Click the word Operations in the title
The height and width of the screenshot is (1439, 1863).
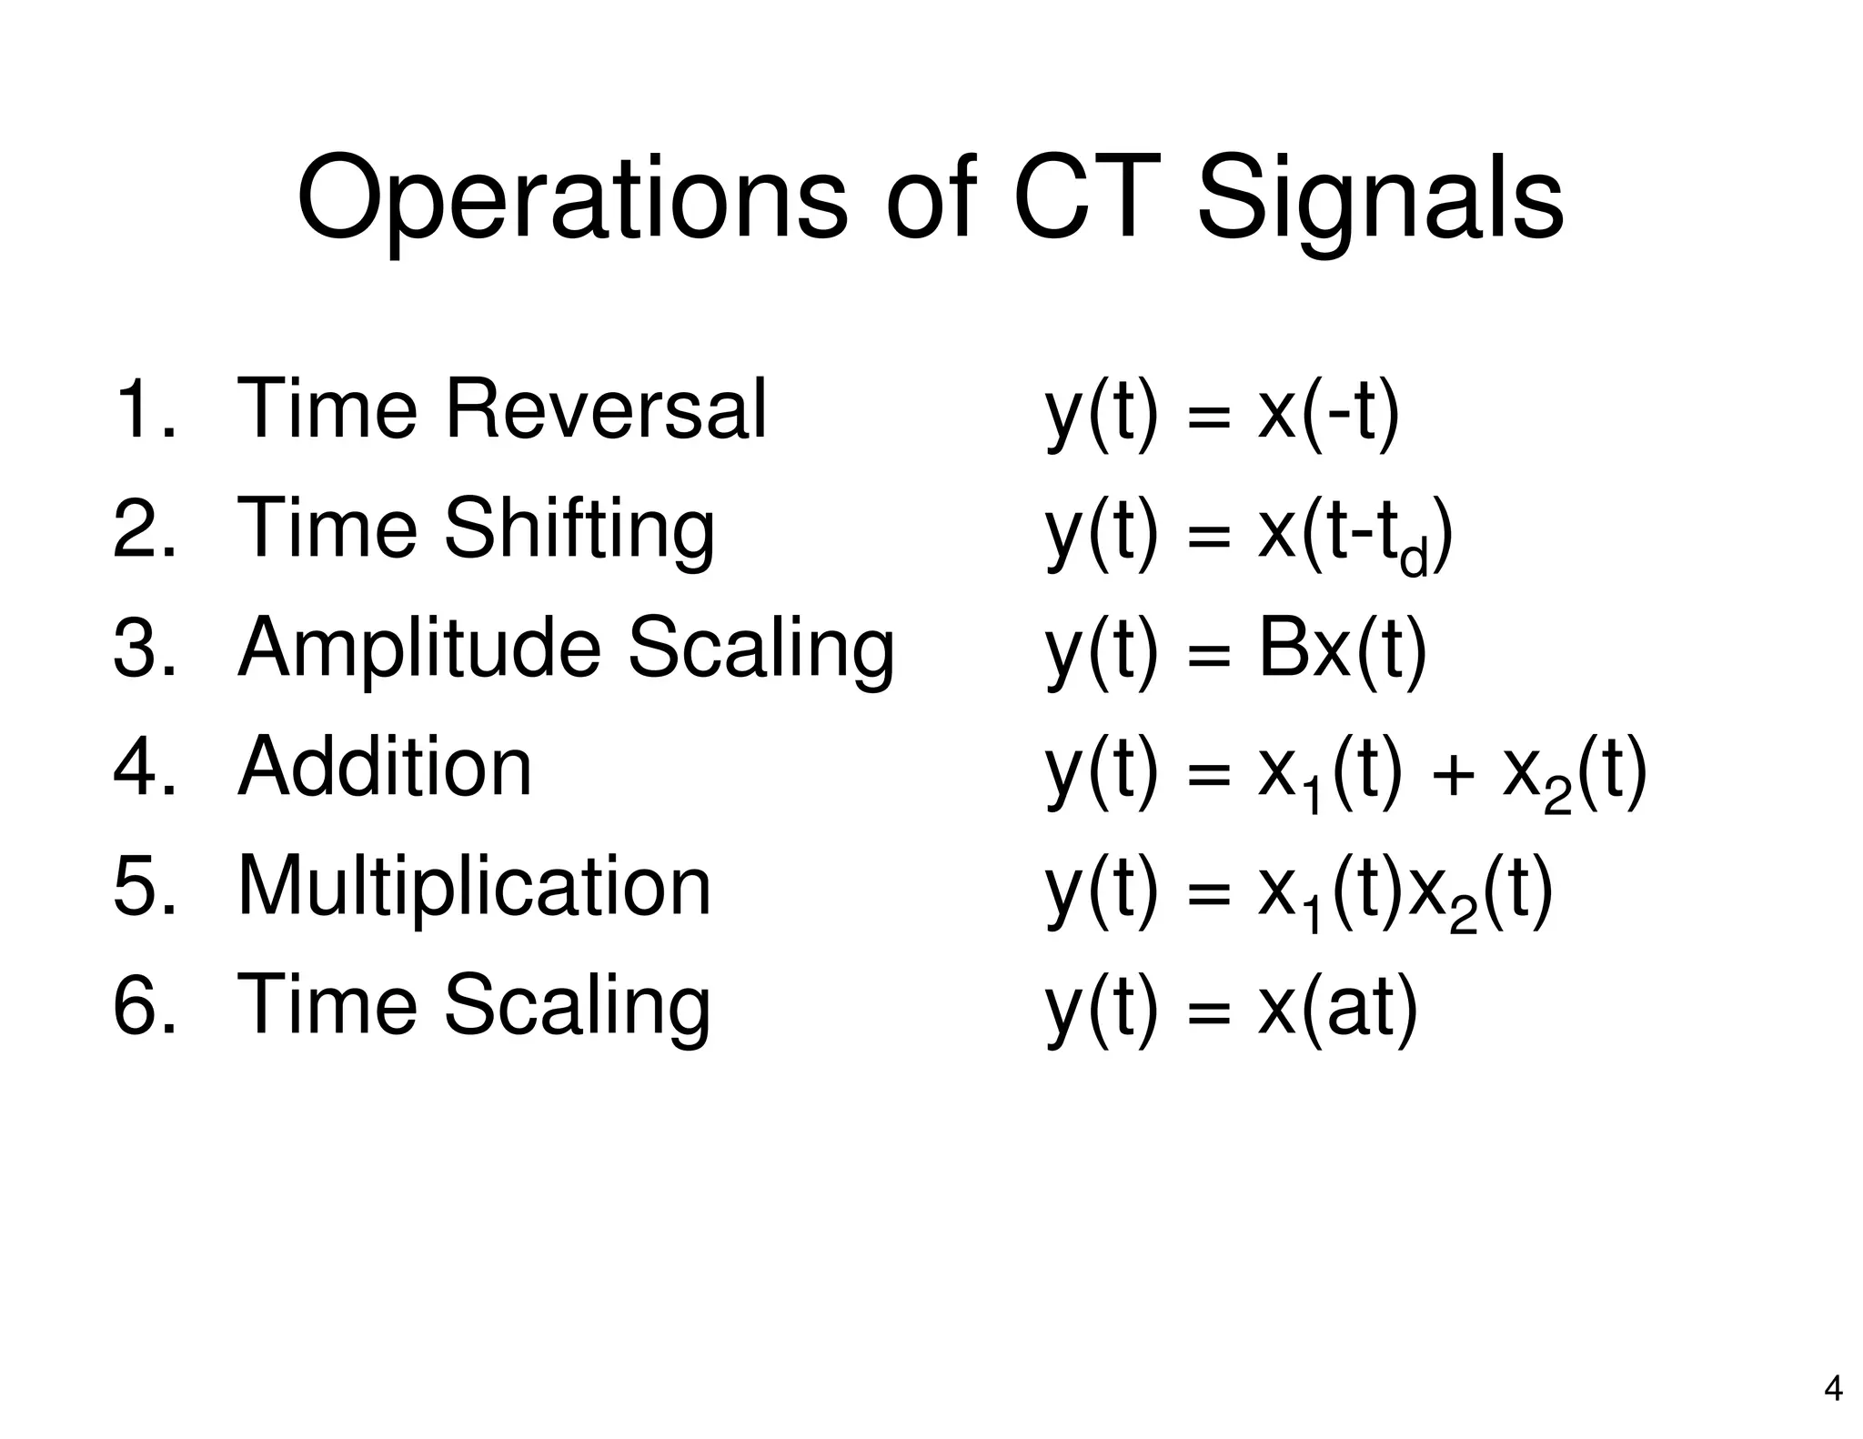[571, 198]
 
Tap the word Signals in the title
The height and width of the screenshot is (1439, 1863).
[1379, 198]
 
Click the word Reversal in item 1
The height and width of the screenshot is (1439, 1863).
[605, 408]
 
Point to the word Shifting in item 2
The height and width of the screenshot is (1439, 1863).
[579, 530]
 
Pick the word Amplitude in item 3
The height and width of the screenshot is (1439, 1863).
[418, 649]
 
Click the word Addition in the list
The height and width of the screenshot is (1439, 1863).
[384, 767]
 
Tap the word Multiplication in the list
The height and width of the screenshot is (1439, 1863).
[473, 886]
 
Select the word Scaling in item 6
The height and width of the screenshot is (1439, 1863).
[577, 1006]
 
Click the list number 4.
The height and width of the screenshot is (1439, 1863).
[136, 767]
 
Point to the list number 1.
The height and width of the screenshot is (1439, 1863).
[136, 409]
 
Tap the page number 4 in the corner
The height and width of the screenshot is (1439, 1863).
[1833, 1389]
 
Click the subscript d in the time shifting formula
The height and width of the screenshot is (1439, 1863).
[1415, 557]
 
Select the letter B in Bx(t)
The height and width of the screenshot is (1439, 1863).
[1280, 649]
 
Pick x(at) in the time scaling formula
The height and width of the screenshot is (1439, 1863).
[1337, 1006]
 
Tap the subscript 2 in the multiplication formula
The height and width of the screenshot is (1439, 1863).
[1462, 918]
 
